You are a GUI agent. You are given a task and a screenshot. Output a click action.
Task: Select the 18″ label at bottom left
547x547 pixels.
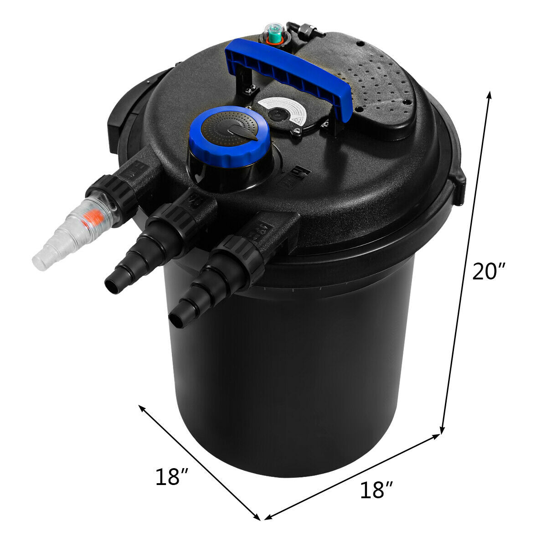coord(172,477)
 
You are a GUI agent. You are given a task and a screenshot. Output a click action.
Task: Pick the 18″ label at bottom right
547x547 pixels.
coord(377,490)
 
